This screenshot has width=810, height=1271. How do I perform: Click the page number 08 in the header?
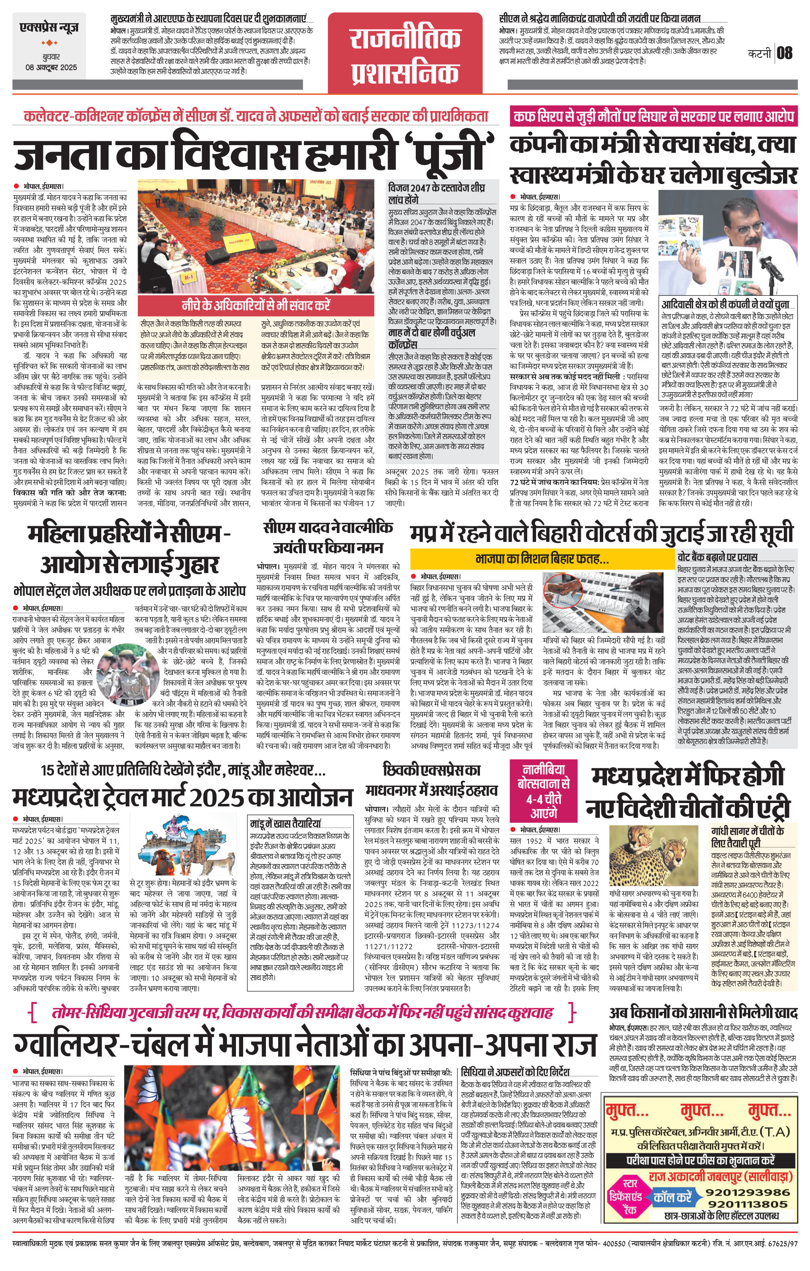click(785, 53)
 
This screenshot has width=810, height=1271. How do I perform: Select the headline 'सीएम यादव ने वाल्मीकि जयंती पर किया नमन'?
click(328, 537)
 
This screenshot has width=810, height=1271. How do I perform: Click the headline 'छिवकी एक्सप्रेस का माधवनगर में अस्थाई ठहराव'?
click(431, 780)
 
